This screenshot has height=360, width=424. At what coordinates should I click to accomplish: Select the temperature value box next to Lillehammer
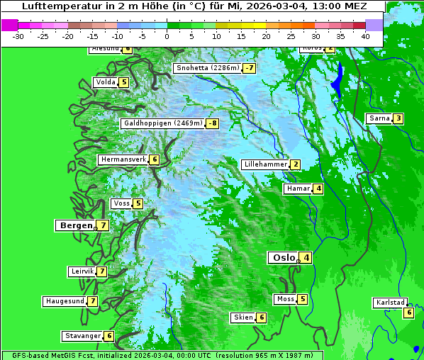295,164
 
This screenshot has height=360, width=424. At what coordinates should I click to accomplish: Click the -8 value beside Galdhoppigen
213,123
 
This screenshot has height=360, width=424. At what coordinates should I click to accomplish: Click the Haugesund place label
65,301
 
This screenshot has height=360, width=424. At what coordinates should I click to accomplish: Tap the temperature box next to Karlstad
408,313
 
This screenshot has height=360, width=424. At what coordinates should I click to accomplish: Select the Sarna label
379,118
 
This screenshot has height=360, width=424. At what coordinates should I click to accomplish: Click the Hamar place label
297,189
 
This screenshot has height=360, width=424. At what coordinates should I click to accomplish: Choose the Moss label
285,299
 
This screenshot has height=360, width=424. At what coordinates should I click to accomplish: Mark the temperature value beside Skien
261,317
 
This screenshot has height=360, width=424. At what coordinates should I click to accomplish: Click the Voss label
121,203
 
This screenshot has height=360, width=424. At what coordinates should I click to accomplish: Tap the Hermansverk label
123,159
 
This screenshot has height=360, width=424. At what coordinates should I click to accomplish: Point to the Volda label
105,82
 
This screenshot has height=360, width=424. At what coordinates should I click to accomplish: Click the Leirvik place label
82,271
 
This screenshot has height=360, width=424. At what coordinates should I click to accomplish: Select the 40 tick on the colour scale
365,35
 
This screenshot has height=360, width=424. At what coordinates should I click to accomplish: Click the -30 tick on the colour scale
18,35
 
